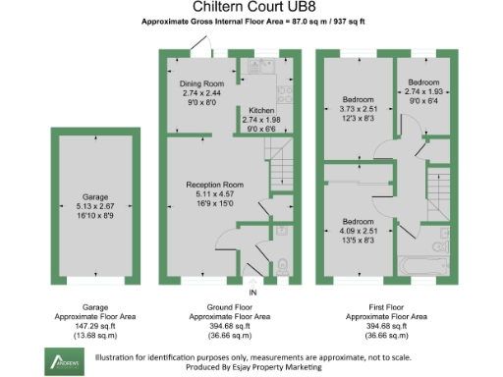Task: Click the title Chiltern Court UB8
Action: coord(251,8)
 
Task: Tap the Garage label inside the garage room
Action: coord(94,196)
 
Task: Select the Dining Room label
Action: coord(201,84)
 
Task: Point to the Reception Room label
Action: coord(215,184)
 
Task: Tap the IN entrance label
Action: coord(252,294)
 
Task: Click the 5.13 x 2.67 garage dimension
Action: coord(94,206)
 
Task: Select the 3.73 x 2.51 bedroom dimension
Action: coord(359,110)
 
